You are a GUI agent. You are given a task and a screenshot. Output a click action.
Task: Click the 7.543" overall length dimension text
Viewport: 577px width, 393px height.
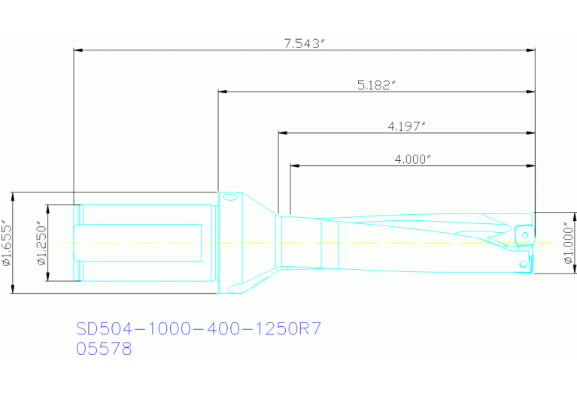(x=303, y=44)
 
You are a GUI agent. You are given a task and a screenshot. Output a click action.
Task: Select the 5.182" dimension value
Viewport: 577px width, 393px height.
(x=376, y=86)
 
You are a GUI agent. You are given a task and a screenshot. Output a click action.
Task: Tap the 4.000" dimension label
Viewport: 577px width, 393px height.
(x=412, y=159)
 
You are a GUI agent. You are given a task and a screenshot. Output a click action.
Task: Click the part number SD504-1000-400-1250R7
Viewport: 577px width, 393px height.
(x=199, y=329)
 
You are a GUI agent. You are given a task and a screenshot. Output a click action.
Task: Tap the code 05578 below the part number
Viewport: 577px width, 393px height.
(x=104, y=349)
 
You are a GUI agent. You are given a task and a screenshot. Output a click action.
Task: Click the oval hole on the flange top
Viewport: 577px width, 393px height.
(x=230, y=198)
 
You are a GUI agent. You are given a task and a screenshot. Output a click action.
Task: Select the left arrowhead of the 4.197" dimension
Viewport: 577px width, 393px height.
(x=282, y=132)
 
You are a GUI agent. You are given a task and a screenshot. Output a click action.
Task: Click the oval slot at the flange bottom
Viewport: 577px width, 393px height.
(x=235, y=288)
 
